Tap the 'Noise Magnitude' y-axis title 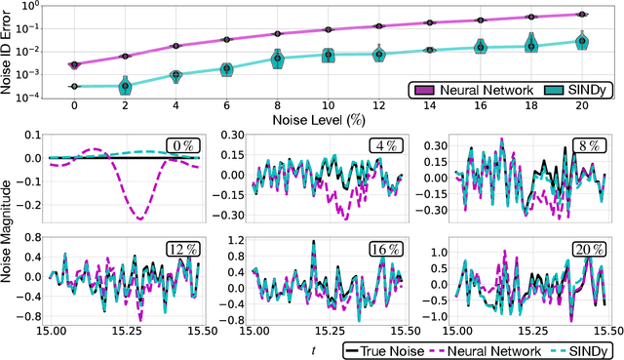coord(10,233)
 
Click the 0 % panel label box coord(182,145)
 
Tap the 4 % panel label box coord(383,145)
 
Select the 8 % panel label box coord(583,145)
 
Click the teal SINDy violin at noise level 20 coord(582,41)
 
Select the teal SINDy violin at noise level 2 coord(125,86)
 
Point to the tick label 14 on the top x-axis coord(430,103)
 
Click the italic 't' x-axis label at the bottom coord(313,349)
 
